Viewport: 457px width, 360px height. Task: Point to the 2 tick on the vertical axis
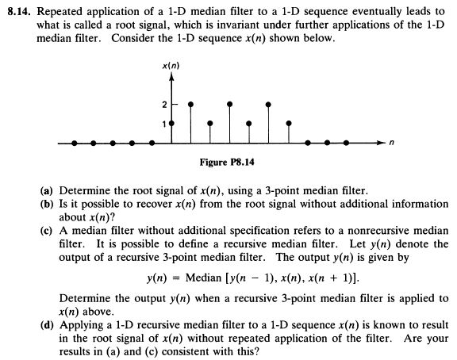(165, 105)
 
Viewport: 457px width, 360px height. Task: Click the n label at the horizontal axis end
(390, 144)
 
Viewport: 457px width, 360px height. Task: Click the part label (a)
(47, 191)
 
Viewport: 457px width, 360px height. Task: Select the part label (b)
(47, 204)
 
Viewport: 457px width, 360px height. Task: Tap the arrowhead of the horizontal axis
(380, 144)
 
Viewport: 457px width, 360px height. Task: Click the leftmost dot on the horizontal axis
(75, 144)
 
